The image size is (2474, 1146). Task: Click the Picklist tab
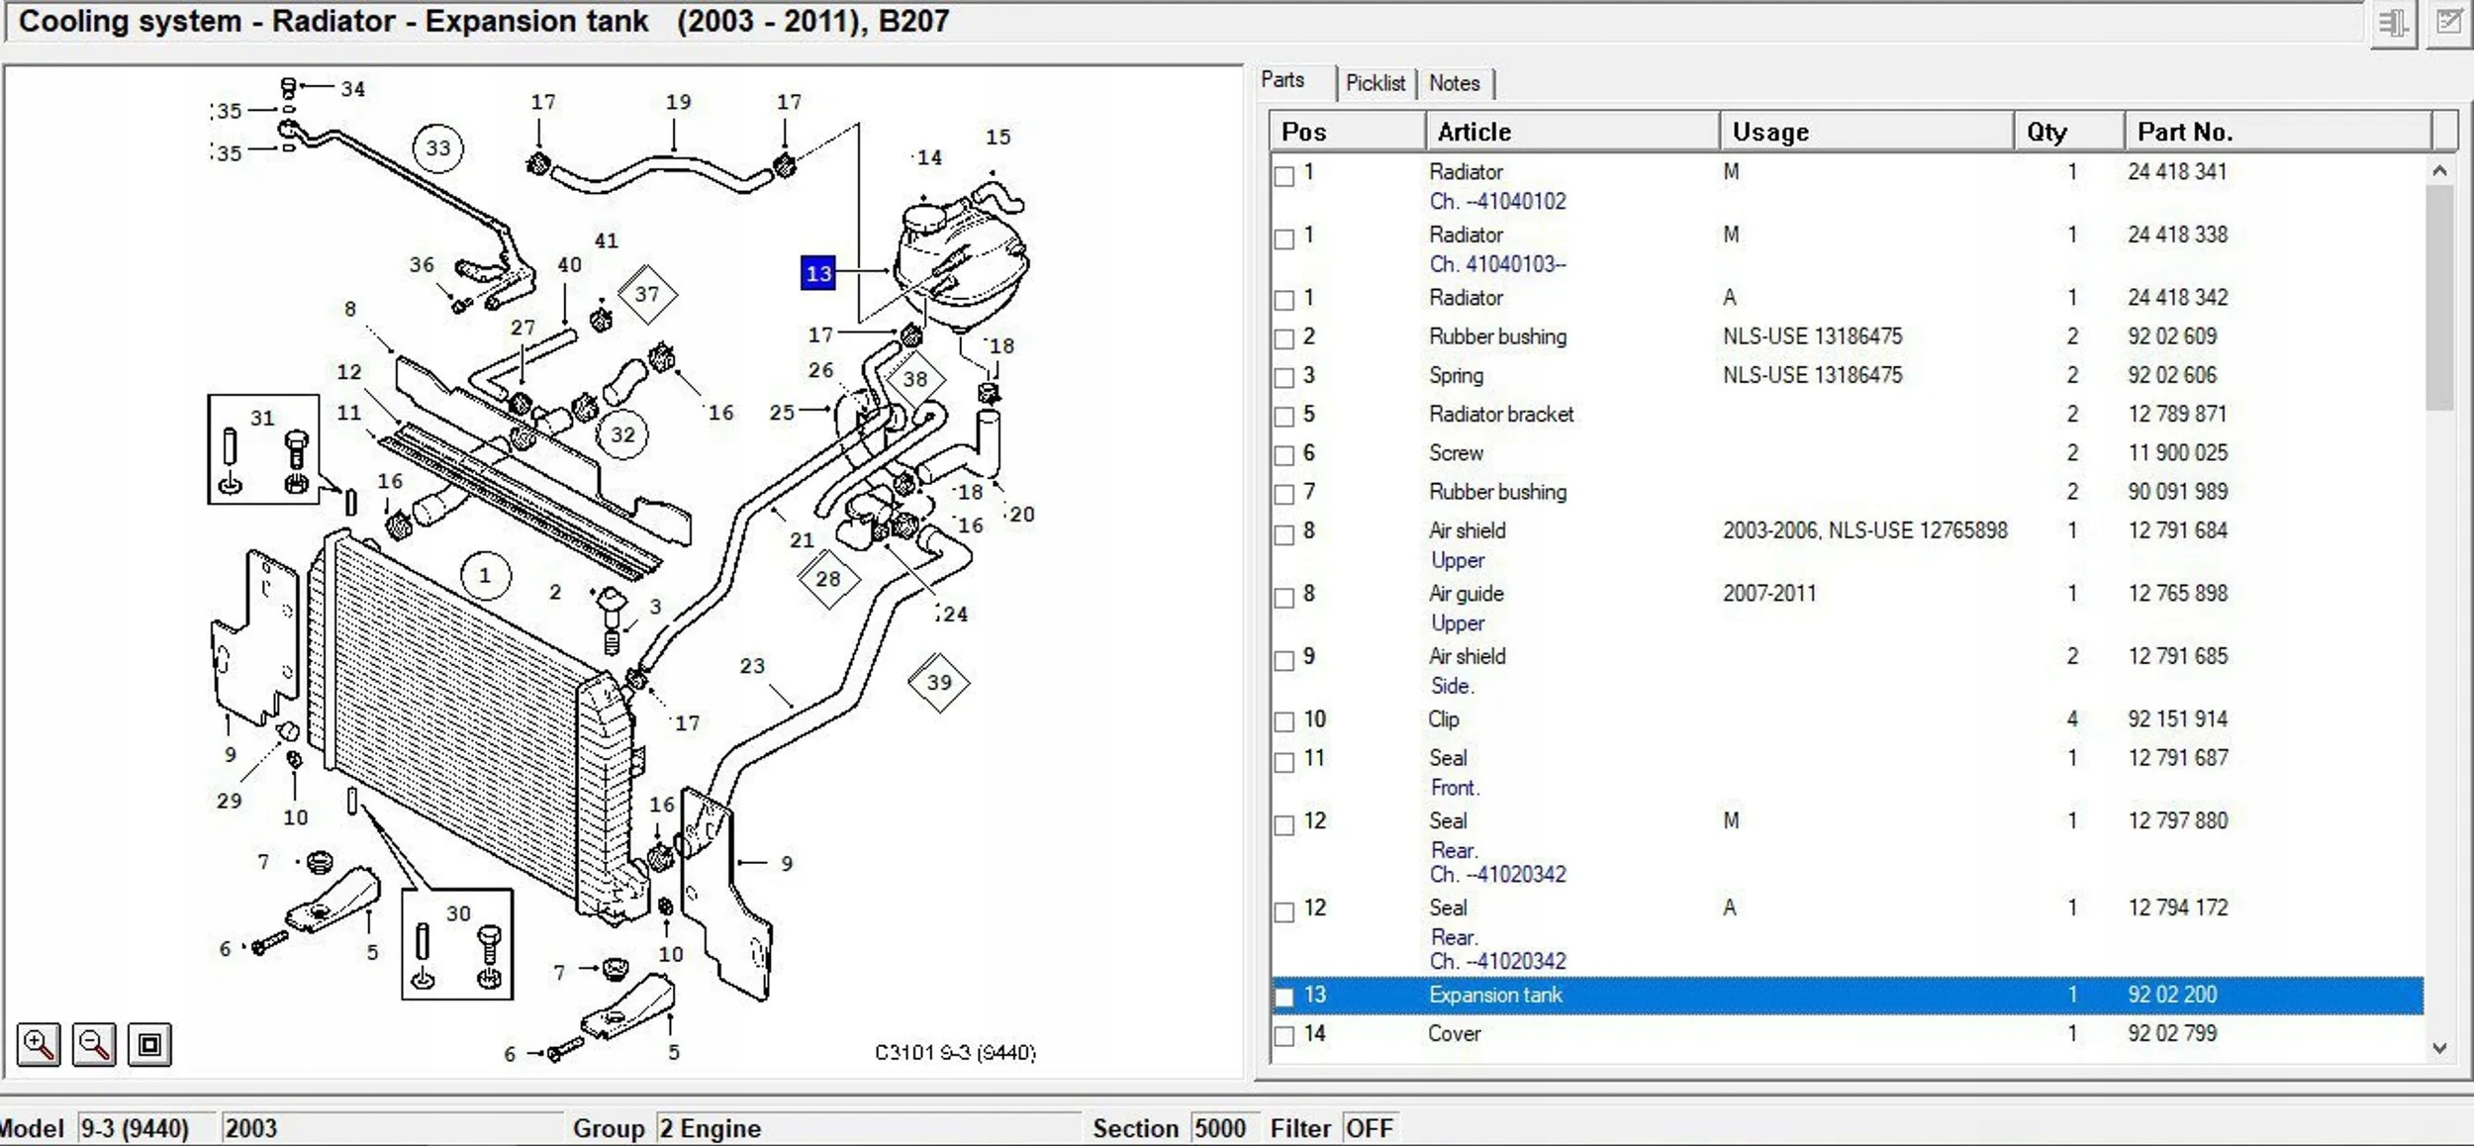(1376, 83)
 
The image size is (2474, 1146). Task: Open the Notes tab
(1454, 83)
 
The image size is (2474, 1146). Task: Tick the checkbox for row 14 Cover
(1285, 1035)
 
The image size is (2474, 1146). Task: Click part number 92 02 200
(2172, 995)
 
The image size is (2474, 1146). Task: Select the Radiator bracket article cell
(1501, 414)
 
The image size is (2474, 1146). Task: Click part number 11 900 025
(2177, 452)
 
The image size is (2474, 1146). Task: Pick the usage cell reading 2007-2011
(1769, 593)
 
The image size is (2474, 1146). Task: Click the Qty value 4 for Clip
(2072, 718)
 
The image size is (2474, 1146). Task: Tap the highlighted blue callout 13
(818, 273)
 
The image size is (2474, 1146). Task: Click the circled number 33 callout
(437, 148)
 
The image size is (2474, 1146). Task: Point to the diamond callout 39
(938, 682)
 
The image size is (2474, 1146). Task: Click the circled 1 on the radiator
(485, 575)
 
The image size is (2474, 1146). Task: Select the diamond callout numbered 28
(827, 579)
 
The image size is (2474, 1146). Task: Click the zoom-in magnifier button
(39, 1044)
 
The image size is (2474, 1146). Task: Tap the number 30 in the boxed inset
(458, 913)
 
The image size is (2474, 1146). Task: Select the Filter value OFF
(1370, 1128)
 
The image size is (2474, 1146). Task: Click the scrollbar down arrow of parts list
(2439, 1048)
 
